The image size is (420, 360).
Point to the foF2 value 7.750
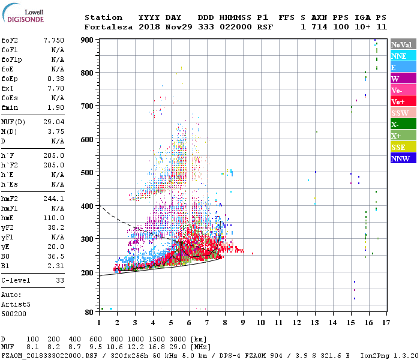53,40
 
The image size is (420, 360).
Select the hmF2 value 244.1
53,198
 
